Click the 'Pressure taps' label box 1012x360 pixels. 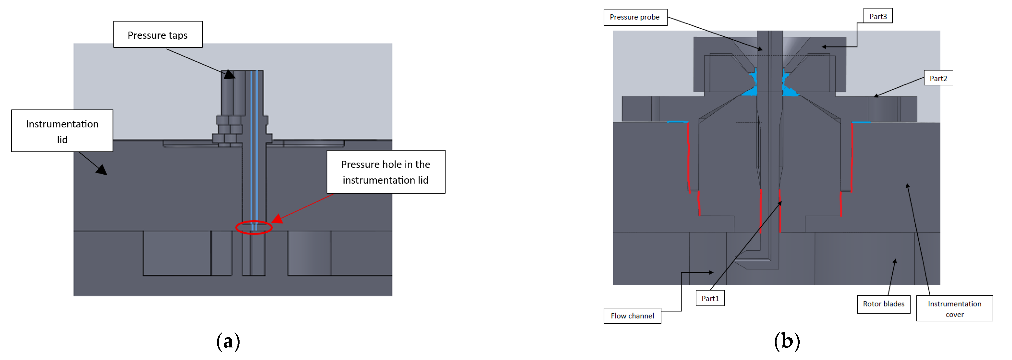158,35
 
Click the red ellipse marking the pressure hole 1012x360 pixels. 254,227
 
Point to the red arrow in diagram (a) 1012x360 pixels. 303,207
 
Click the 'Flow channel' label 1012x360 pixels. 632,316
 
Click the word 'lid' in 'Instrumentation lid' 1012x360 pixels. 62,139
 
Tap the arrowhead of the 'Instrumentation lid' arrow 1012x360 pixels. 102,171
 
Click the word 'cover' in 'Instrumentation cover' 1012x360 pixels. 954,314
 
